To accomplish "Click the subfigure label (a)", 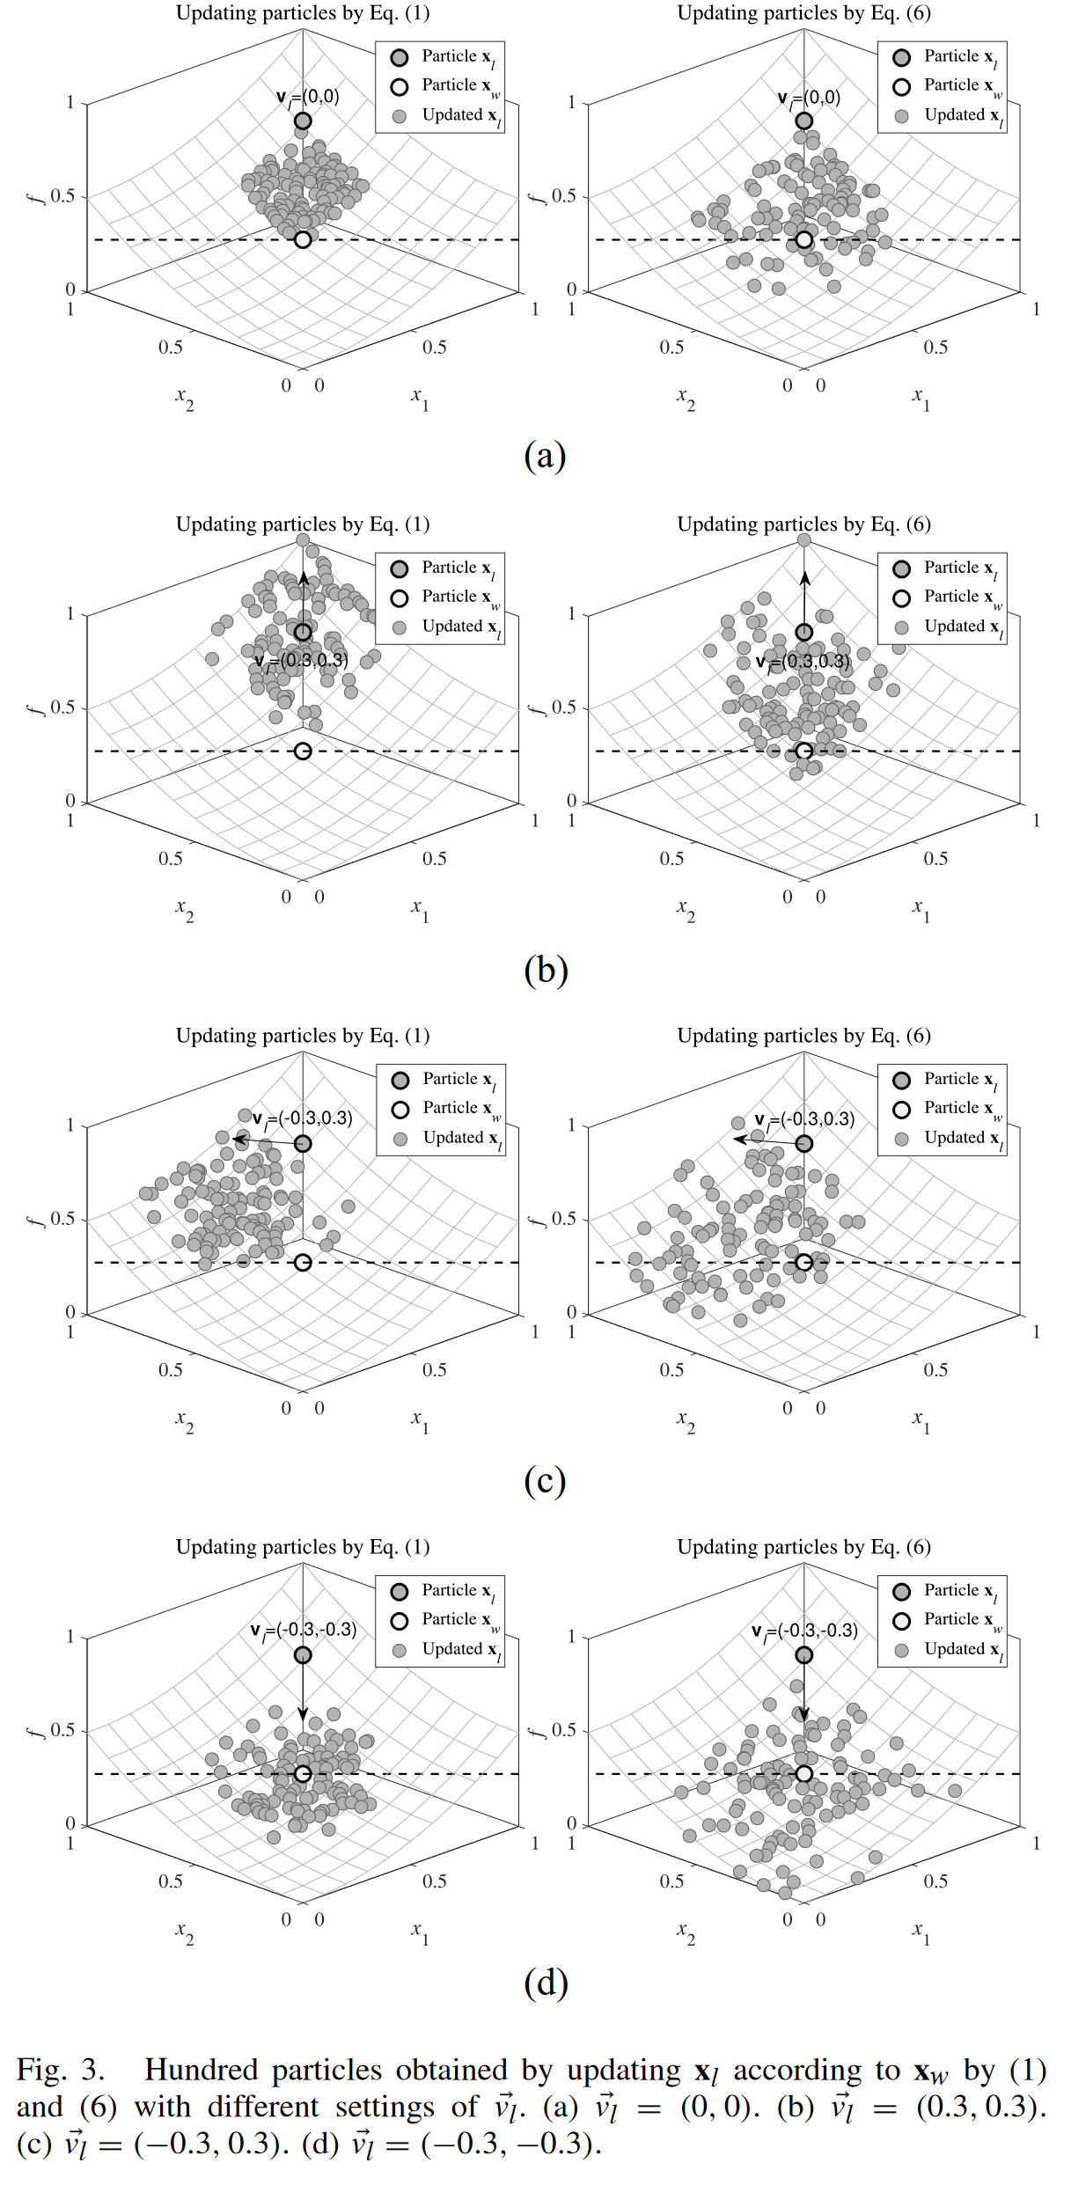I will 544,456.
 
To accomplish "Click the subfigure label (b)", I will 545,970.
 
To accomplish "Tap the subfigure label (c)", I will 544,1480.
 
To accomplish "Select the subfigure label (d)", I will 545,1983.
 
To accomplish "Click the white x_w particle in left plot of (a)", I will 303,239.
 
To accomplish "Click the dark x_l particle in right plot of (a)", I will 803,121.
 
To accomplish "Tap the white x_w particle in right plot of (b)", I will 803,751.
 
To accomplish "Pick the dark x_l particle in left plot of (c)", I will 303,1143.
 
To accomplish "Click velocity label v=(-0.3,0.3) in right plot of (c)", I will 804,1119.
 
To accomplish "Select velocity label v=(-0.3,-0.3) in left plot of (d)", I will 304,1631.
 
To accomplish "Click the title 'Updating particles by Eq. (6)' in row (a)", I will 803,13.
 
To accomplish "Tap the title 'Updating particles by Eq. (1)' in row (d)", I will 303,1547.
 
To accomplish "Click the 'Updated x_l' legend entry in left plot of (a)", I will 449,116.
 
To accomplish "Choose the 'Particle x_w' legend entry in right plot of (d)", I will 950,1620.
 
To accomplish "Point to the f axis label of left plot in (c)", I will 35,1220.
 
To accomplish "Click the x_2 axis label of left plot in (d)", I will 184,1932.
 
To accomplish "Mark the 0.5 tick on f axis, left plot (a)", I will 62,196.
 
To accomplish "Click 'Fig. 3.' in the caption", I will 60,2070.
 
